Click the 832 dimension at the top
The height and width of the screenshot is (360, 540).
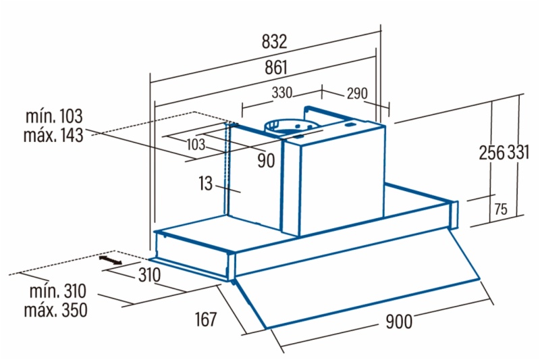tap(275, 41)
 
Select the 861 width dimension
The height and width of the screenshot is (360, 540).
tap(275, 67)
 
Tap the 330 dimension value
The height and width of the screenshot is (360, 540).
tap(282, 93)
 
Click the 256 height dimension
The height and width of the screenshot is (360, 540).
tap(491, 153)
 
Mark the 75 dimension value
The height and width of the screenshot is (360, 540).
tap(500, 209)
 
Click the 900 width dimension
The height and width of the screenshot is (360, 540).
tap(399, 322)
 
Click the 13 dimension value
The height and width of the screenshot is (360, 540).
tap(206, 183)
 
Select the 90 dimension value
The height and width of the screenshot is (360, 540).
tap(266, 161)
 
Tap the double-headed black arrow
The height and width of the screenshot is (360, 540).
tap(110, 260)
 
